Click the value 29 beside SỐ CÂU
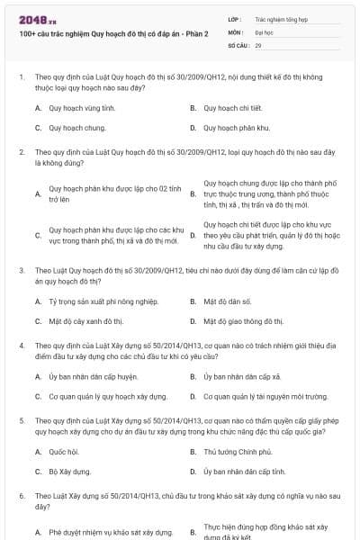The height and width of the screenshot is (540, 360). tap(258, 44)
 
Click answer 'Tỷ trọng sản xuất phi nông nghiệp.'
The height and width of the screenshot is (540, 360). tap(103, 301)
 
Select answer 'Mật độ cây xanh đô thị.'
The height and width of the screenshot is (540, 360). tap(85, 320)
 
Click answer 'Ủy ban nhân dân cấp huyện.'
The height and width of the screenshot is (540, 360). tap(93, 376)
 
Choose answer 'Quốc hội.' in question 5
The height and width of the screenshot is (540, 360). tap(64, 452)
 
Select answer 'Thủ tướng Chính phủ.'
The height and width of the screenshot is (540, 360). tap(238, 452)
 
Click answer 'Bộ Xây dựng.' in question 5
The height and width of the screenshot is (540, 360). tap(71, 472)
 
